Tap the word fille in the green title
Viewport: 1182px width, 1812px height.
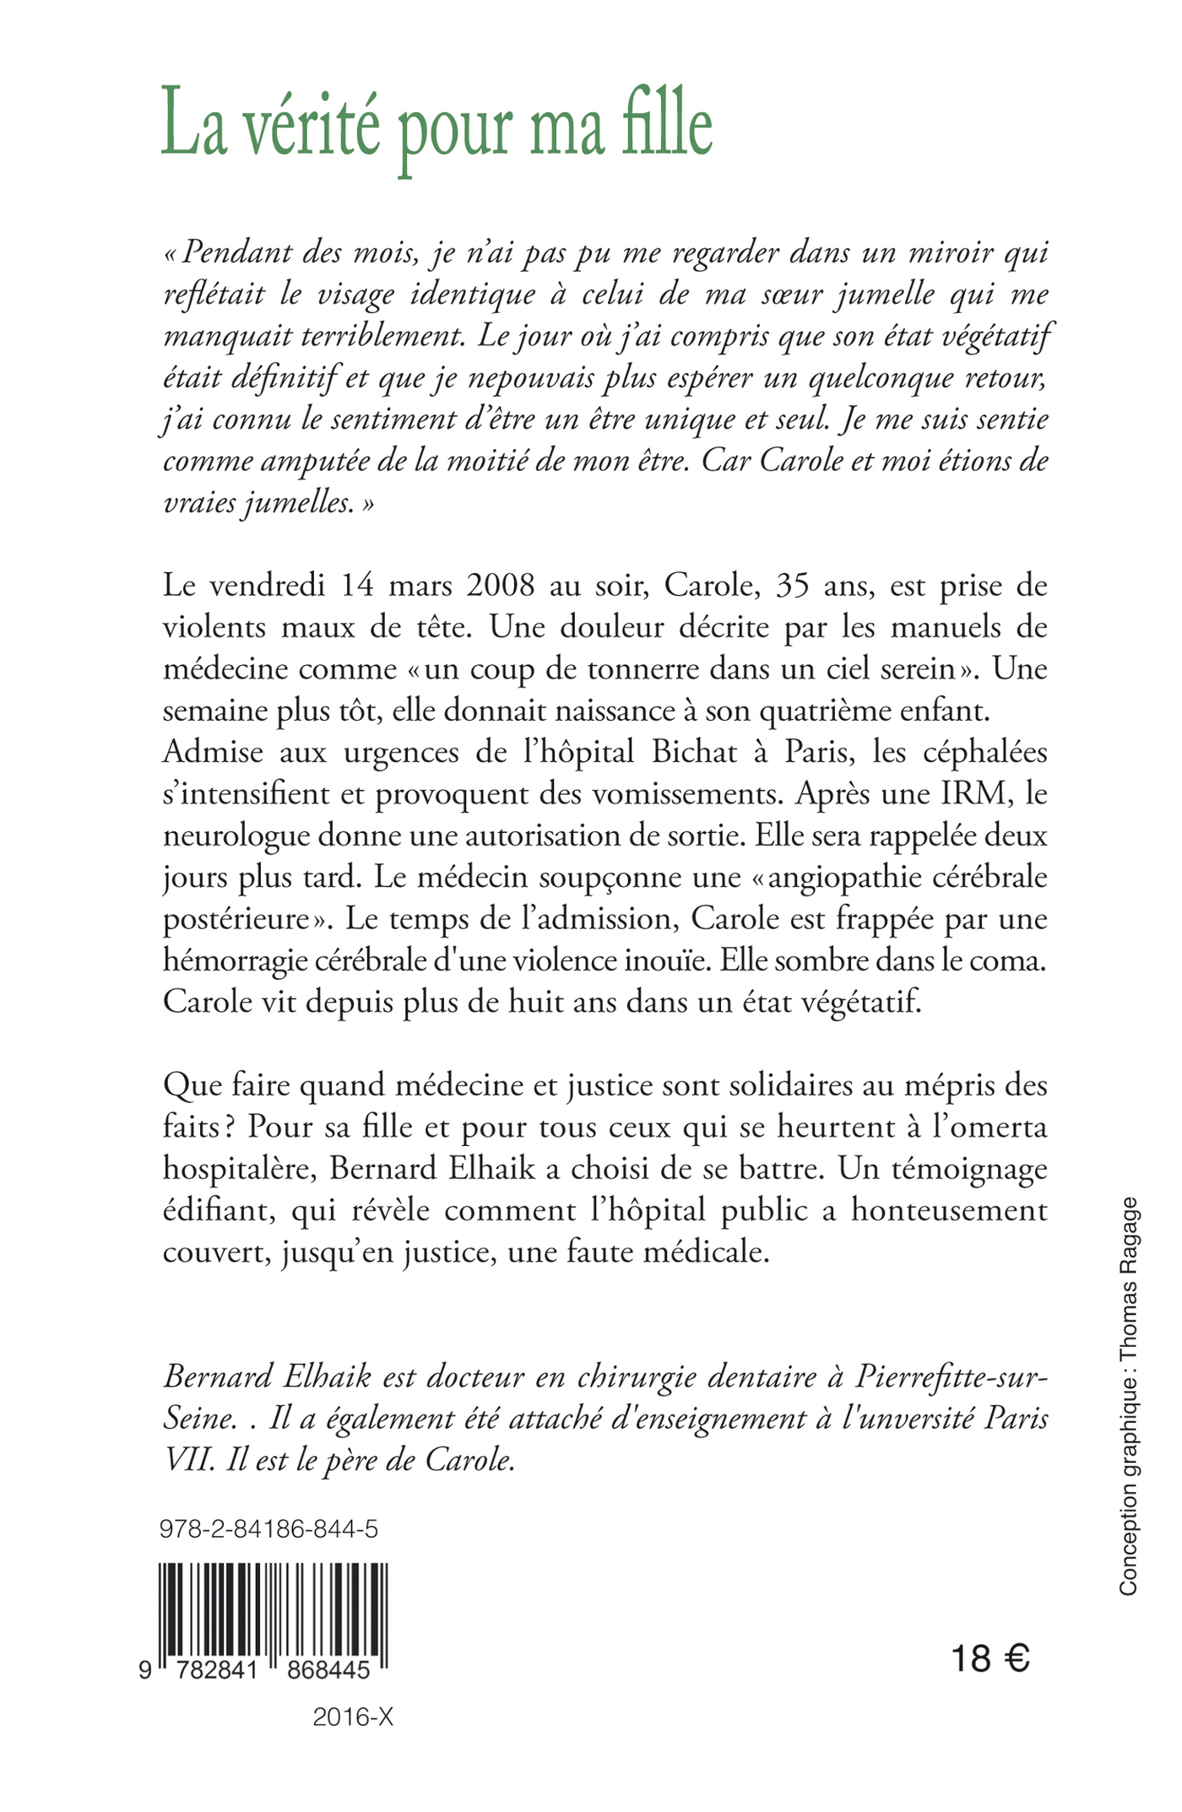coord(667,127)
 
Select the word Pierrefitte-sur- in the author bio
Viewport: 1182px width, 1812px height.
coord(952,1377)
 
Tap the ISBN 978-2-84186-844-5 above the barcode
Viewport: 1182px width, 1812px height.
coord(268,1528)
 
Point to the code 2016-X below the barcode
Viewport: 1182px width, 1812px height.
coord(353,1717)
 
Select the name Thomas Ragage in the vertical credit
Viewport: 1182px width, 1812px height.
coord(1129,1258)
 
